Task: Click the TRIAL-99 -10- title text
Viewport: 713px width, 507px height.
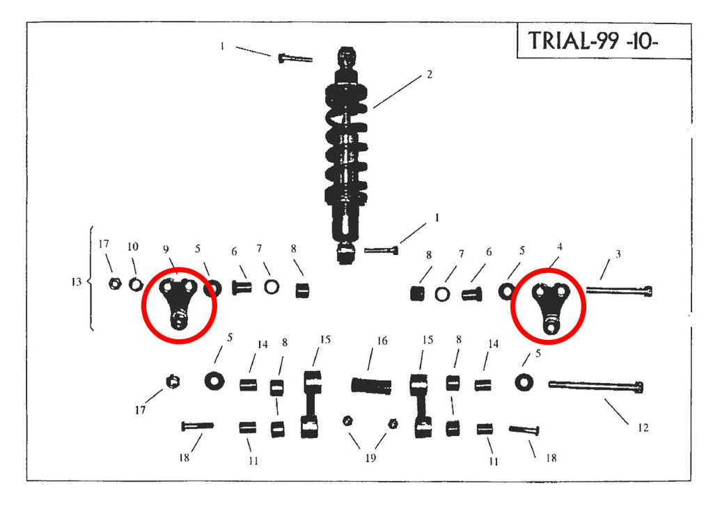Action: coord(593,40)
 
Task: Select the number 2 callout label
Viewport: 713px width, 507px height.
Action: coord(429,74)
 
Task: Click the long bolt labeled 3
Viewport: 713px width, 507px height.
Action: coord(619,290)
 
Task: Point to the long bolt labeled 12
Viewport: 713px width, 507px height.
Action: coord(596,386)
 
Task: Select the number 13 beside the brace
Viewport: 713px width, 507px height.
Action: coord(76,282)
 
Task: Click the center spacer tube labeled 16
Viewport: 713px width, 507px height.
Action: coord(371,386)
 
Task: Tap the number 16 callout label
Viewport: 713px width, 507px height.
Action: coord(382,341)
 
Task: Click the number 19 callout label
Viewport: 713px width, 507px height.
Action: coord(370,458)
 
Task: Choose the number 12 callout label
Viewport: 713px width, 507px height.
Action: coord(643,428)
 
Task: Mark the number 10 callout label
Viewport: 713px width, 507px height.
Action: coord(132,247)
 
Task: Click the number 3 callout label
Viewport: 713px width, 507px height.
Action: coord(618,254)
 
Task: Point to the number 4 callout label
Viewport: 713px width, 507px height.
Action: coord(559,247)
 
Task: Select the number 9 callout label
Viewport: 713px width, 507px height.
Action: coord(166,249)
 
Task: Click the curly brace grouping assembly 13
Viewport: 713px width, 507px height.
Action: coord(91,279)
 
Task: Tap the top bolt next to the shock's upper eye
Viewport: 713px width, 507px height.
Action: coord(295,58)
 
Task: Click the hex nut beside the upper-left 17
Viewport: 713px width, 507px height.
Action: coord(115,283)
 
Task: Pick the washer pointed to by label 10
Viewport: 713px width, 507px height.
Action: coord(136,285)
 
